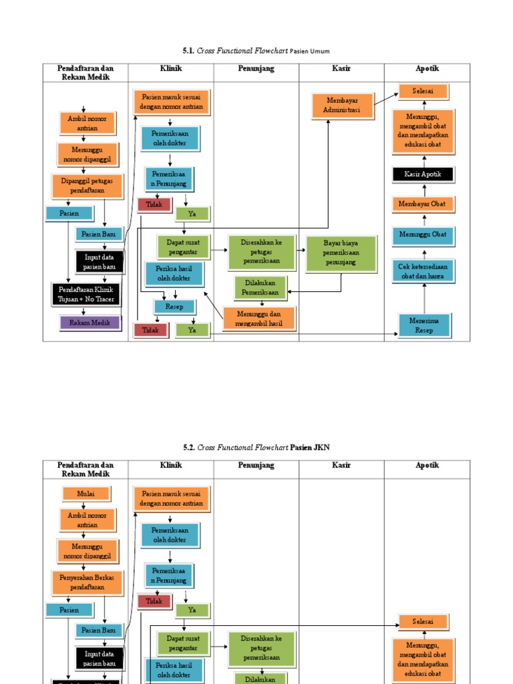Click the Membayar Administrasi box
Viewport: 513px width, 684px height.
[x=342, y=106]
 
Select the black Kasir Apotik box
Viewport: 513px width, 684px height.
[x=423, y=175]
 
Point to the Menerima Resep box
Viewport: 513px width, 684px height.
[x=425, y=325]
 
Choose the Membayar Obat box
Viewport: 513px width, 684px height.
[x=423, y=204]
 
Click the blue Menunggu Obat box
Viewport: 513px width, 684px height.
[x=423, y=234]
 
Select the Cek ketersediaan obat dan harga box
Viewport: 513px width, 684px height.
[x=423, y=271]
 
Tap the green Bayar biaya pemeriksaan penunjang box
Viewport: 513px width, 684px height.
[x=341, y=253]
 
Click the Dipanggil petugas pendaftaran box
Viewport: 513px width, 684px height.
[x=88, y=186]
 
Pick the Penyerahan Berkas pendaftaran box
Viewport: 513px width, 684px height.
[x=88, y=582]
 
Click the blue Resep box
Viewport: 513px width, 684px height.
[x=174, y=307]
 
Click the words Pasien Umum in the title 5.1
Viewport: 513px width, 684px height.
[x=310, y=51]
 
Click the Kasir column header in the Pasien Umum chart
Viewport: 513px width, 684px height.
[x=341, y=69]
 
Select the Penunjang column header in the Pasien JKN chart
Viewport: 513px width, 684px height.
[x=256, y=466]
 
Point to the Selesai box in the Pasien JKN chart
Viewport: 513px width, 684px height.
[x=423, y=622]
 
